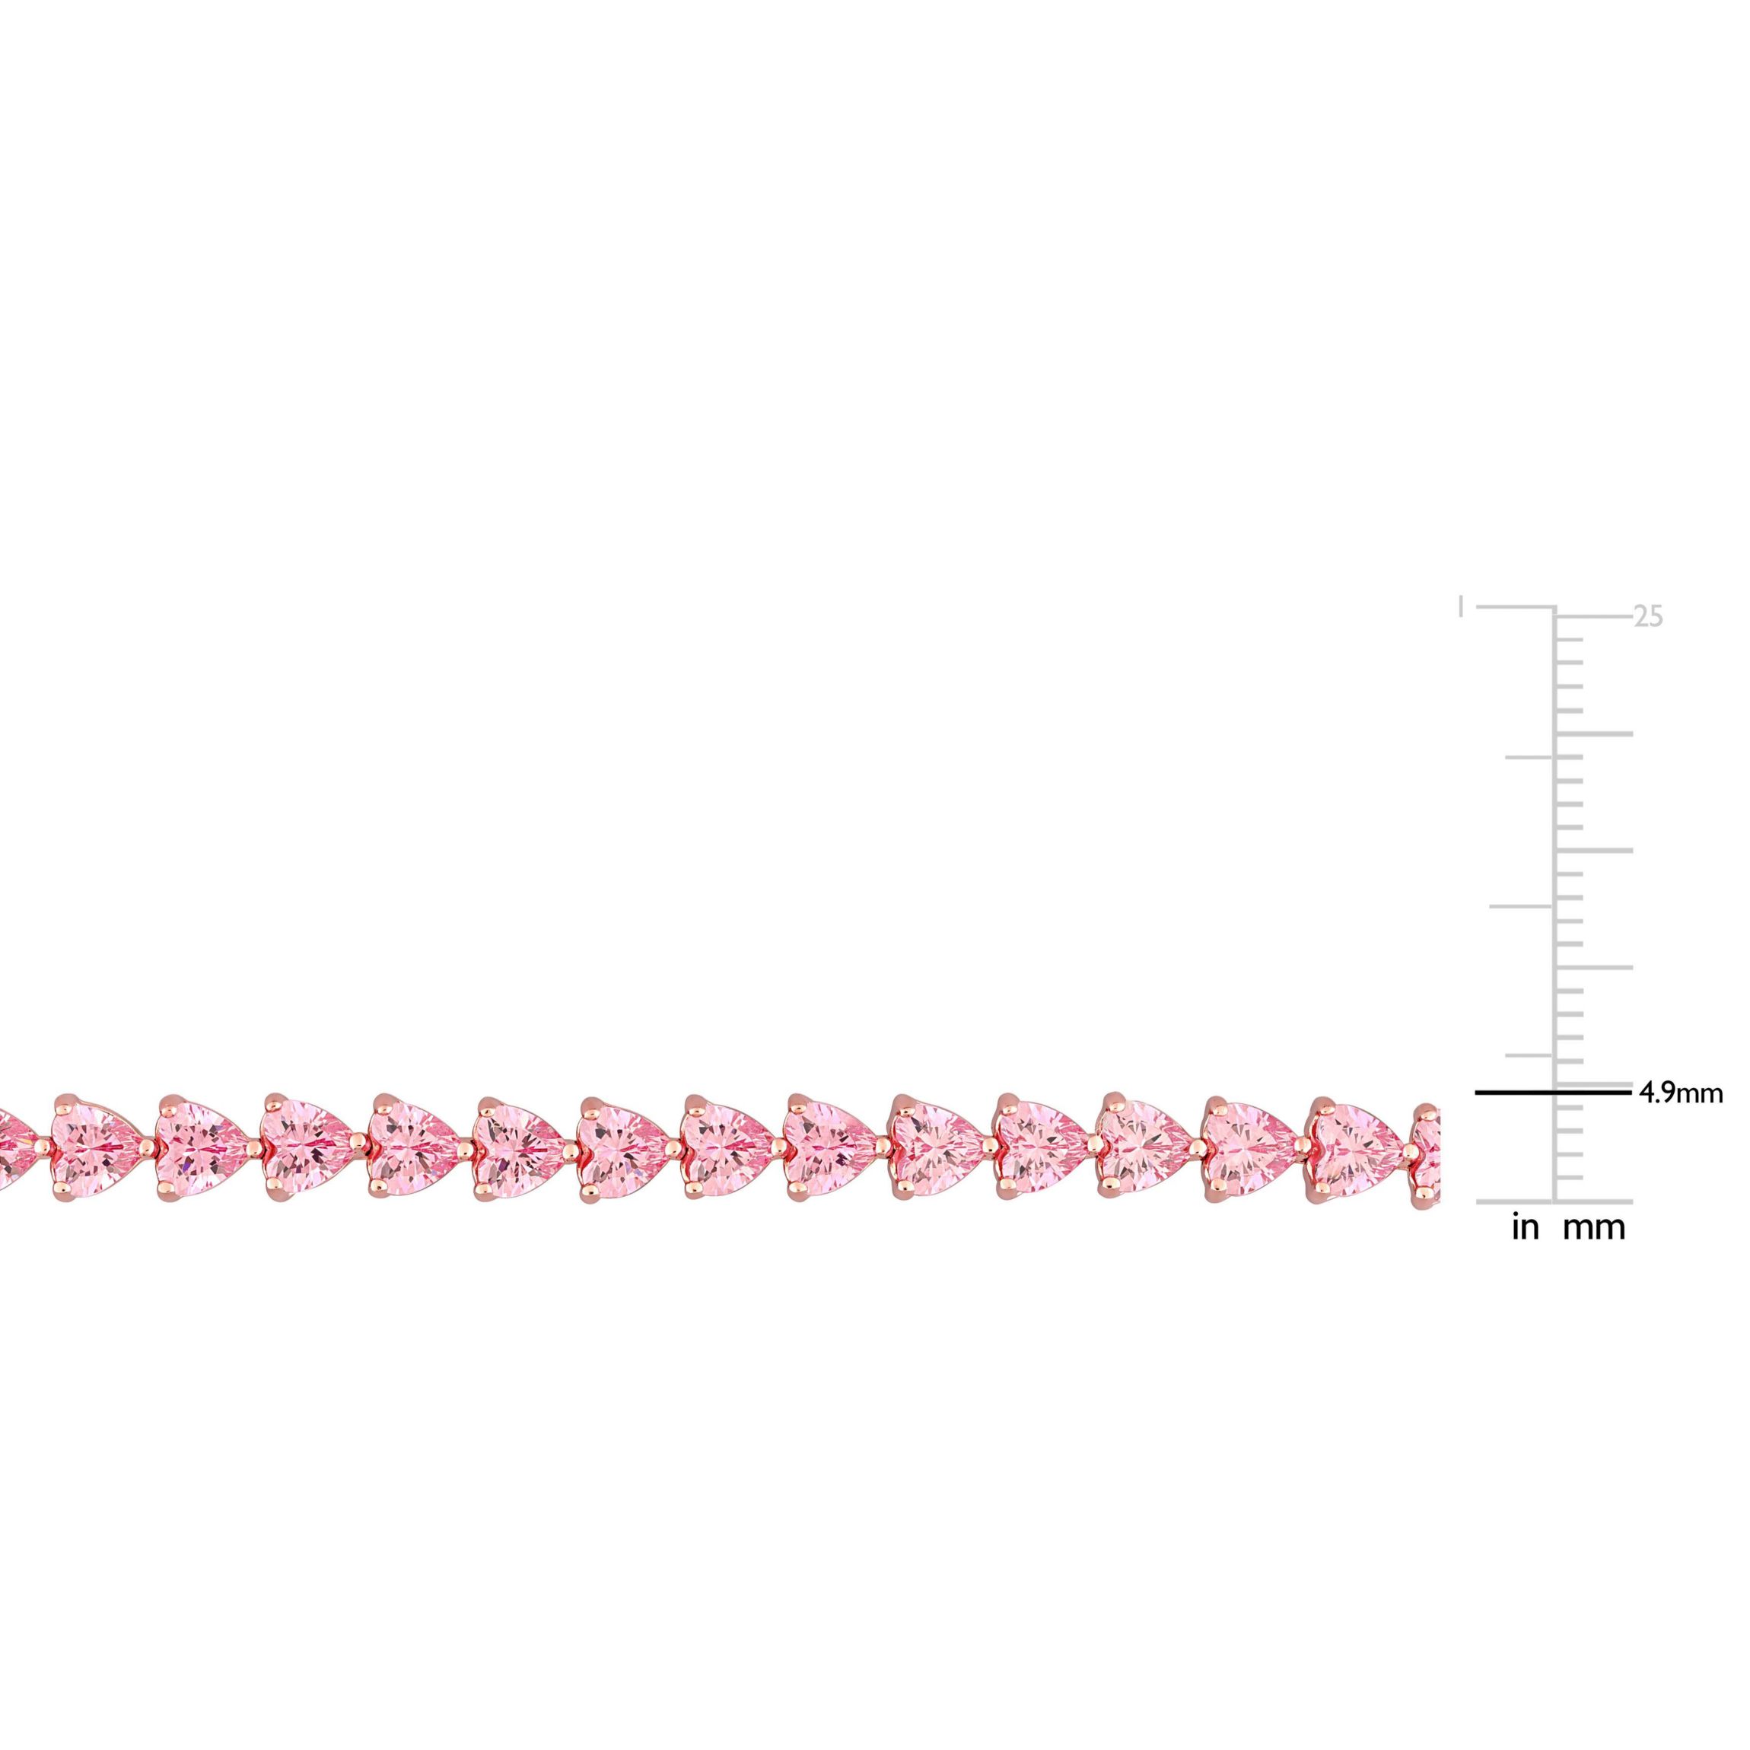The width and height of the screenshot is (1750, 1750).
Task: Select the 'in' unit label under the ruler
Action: point(1526,1227)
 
